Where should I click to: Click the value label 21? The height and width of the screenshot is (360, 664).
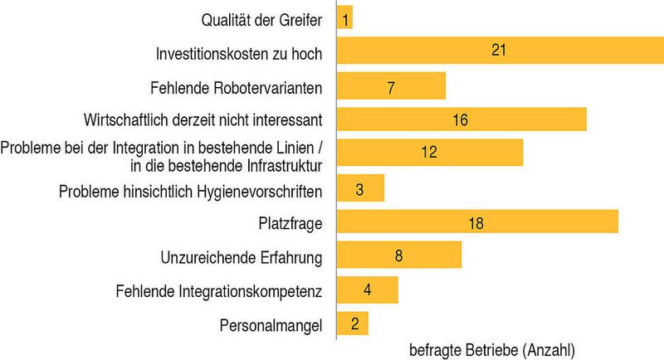[498, 51]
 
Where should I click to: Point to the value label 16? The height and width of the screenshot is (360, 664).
[461, 120]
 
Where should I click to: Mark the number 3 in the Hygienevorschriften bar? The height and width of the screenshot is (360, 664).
[359, 188]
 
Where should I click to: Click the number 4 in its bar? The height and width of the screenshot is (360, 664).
[367, 290]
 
